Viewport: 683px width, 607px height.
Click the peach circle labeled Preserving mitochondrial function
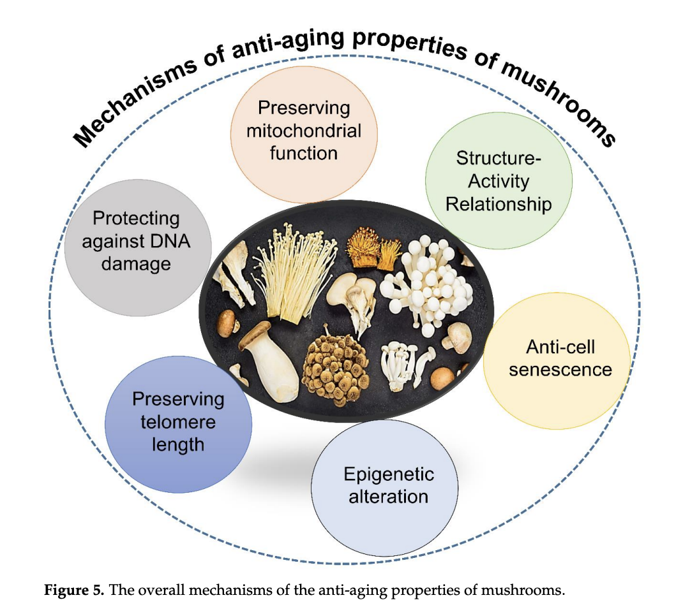click(303, 130)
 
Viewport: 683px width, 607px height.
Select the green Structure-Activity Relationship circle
click(498, 181)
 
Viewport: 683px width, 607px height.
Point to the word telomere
click(178, 421)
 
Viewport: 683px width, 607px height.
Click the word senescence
click(560, 369)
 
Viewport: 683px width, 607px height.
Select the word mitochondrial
click(303, 131)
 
